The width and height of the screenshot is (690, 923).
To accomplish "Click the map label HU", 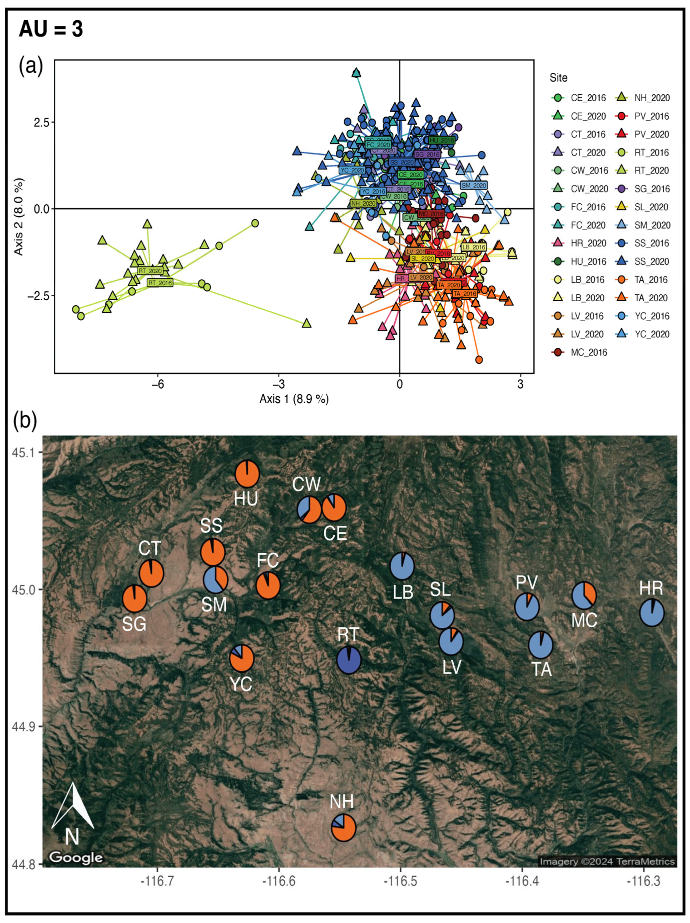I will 246,499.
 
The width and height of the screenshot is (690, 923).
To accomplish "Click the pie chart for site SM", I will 215,580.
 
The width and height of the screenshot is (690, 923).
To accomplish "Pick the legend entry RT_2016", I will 651,152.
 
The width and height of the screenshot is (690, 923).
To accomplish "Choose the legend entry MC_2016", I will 588,352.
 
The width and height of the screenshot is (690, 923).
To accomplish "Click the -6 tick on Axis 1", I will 158,384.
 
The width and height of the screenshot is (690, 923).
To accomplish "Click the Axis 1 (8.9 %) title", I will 294,399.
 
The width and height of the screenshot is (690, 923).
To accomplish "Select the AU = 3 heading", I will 51,29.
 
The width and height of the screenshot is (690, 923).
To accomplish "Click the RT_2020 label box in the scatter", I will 150,271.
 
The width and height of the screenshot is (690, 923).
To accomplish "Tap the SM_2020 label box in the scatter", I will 474,185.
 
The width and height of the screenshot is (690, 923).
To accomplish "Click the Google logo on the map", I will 76,857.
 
